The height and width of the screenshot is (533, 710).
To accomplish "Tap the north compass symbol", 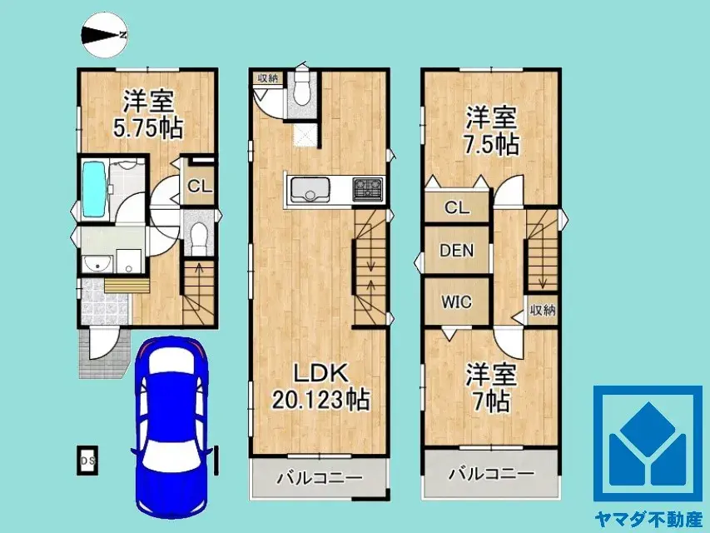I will [x=105, y=34].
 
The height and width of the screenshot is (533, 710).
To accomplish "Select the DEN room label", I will [x=457, y=249].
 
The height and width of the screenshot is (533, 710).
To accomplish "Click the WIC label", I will [x=456, y=301].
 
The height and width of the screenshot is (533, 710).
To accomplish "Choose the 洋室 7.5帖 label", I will [x=491, y=131].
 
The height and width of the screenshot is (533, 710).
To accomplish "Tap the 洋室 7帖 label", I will [x=490, y=387].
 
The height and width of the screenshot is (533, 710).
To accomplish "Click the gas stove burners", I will [x=367, y=190].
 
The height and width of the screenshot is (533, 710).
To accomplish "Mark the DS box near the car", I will [x=86, y=461].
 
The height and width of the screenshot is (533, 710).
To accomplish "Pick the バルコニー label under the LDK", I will [x=320, y=479].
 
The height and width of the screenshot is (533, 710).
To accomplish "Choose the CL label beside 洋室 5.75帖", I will [x=198, y=187].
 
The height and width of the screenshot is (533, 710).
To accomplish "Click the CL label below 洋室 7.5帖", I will [x=456, y=208].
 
